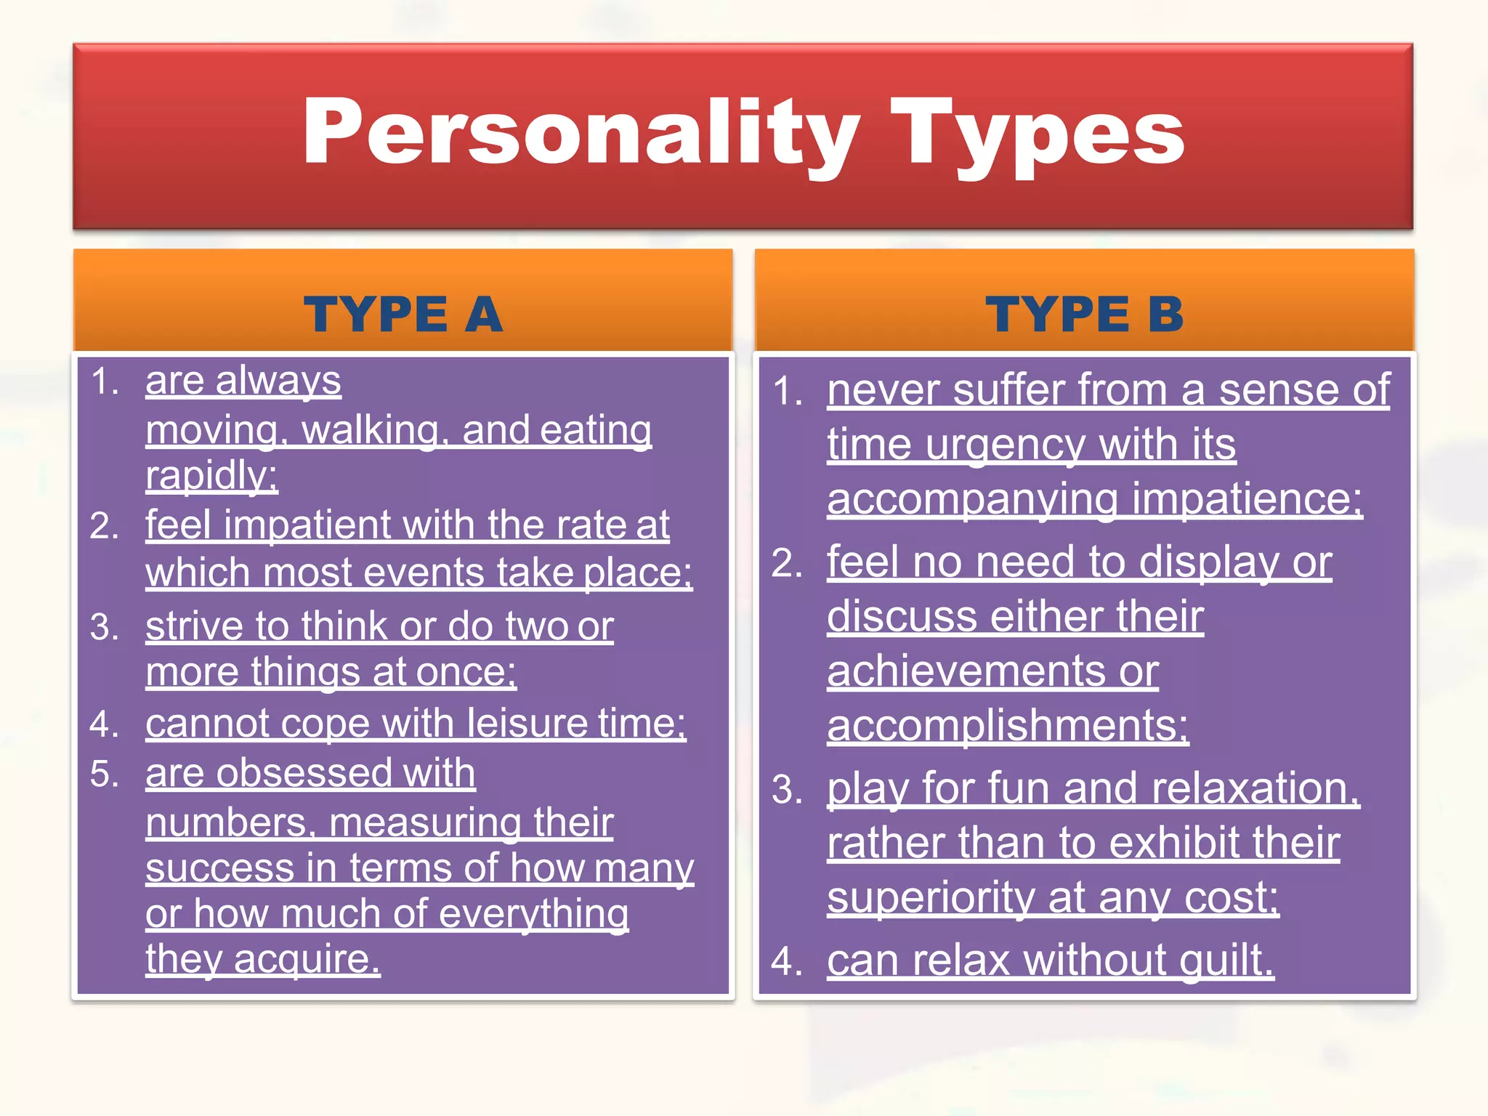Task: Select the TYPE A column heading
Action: [x=403, y=315]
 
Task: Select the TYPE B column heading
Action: [x=1085, y=315]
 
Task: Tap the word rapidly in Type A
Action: [x=211, y=476]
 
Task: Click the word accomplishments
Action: [x=1007, y=725]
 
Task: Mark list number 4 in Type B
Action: [x=785, y=961]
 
